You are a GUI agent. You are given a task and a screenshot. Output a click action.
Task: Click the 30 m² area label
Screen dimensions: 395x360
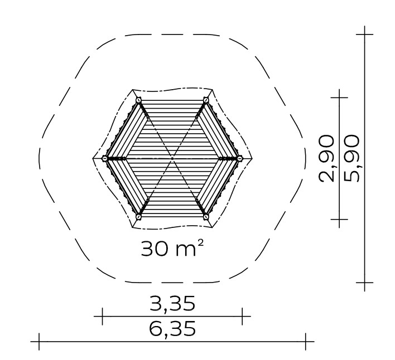pos(172,248)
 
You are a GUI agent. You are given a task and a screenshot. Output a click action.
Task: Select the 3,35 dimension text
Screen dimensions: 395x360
pos(172,304)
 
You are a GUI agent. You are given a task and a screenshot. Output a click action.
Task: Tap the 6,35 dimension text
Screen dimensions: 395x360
pos(172,329)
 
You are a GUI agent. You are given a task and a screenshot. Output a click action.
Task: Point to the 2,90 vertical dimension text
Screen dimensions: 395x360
pos(327,158)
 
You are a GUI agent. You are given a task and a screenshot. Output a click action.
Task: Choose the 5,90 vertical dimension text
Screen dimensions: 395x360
pos(351,158)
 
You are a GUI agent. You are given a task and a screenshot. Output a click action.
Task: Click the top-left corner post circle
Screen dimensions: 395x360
pos(138,100)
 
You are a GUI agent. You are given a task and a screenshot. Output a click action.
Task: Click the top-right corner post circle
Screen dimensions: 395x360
pos(206,100)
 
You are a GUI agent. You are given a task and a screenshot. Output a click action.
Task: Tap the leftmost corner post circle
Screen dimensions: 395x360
pos(105,158)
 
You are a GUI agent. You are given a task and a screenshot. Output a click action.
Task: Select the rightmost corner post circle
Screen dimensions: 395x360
pos(239,158)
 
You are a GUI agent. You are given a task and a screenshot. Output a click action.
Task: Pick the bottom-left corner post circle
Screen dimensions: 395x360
pos(138,216)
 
